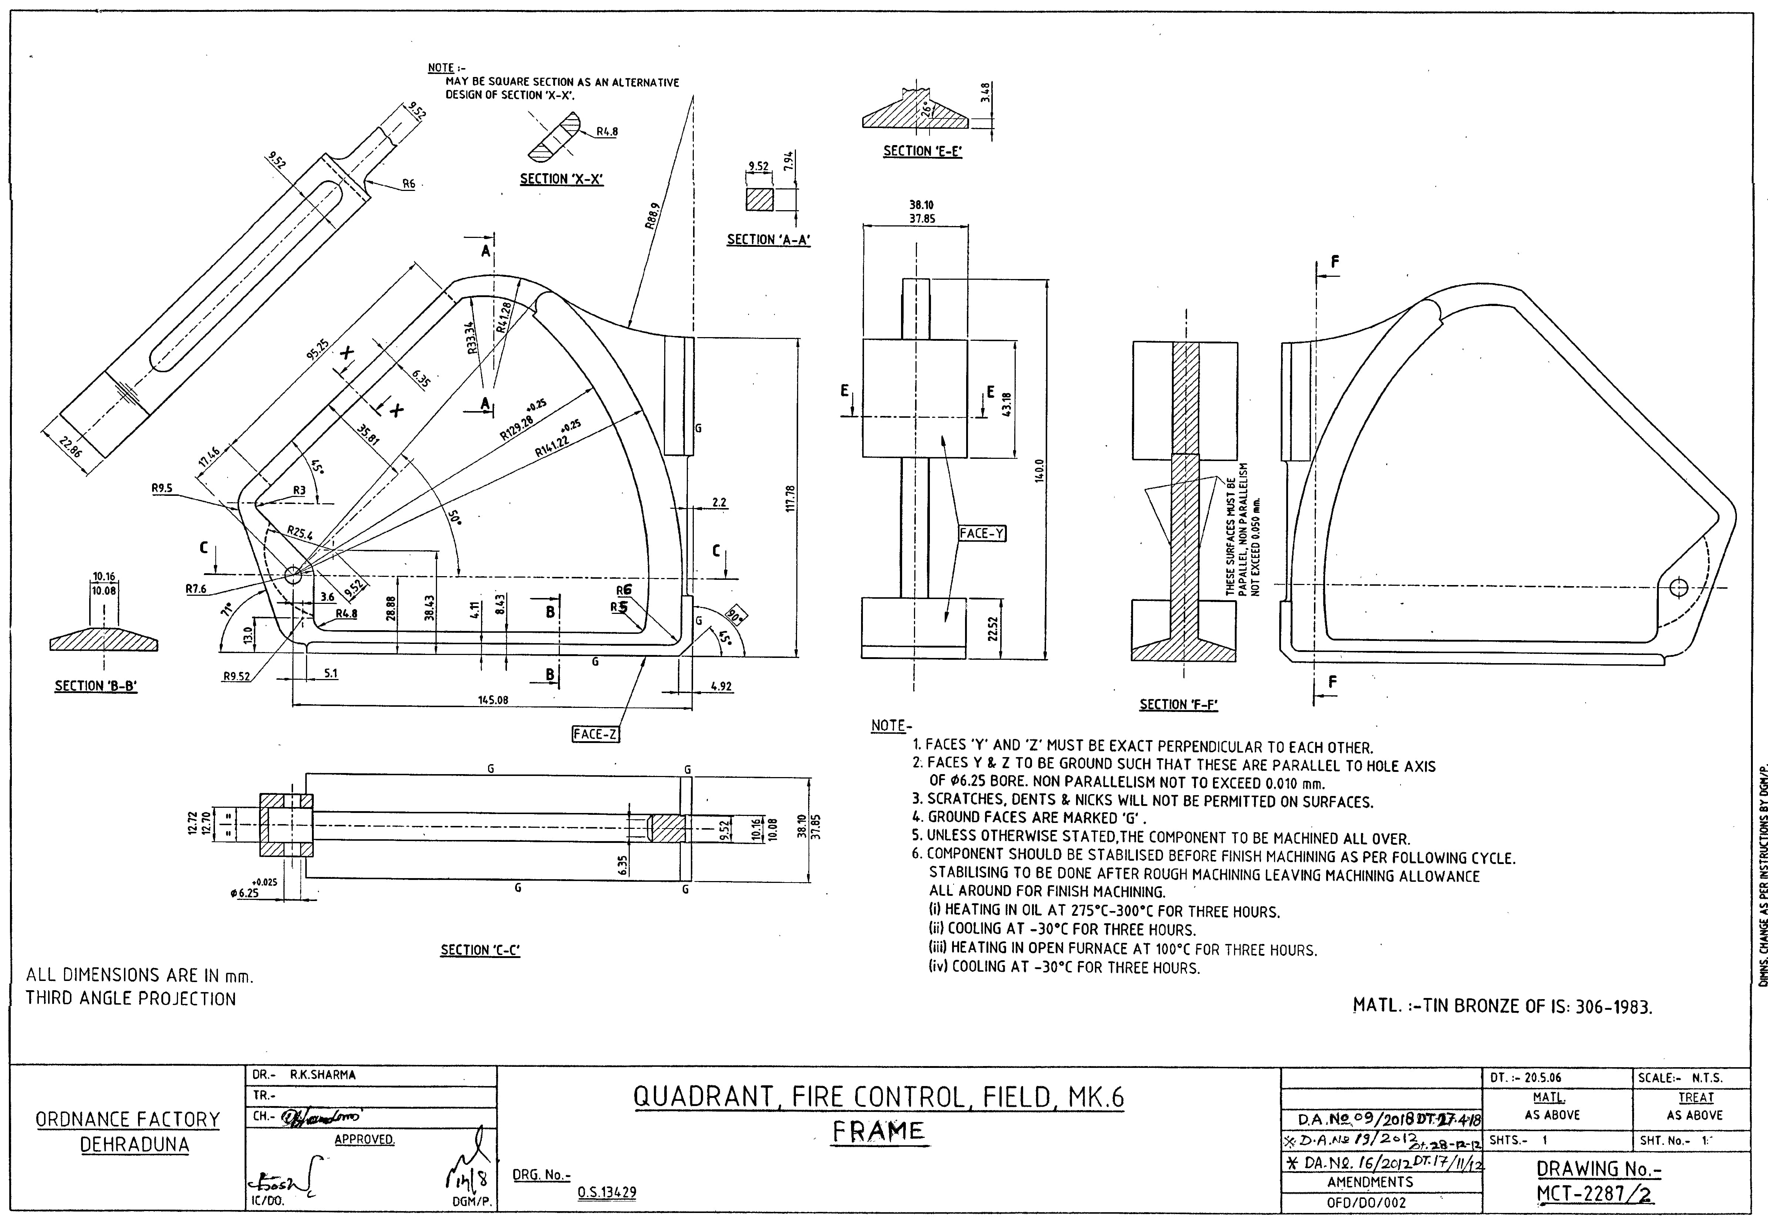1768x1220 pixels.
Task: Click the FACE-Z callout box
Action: (595, 734)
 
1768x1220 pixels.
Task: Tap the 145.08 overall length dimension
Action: (493, 699)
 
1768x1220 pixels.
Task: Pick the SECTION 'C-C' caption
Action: (480, 950)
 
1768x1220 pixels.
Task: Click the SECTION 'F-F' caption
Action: (1178, 705)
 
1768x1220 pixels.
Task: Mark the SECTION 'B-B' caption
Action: (95, 686)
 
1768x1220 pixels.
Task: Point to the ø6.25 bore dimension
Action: (245, 892)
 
